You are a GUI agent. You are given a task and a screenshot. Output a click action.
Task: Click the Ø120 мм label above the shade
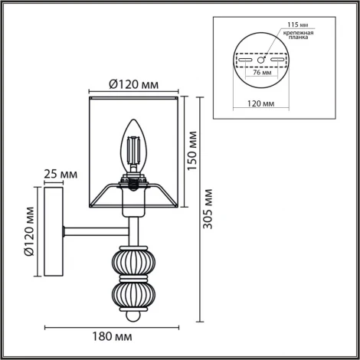[x=134, y=85]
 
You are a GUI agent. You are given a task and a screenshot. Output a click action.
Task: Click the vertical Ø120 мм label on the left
[x=28, y=231]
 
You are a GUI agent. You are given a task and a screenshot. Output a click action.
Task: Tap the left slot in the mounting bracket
[x=246, y=59]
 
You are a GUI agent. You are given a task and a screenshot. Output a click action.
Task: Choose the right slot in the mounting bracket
[x=276, y=59]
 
